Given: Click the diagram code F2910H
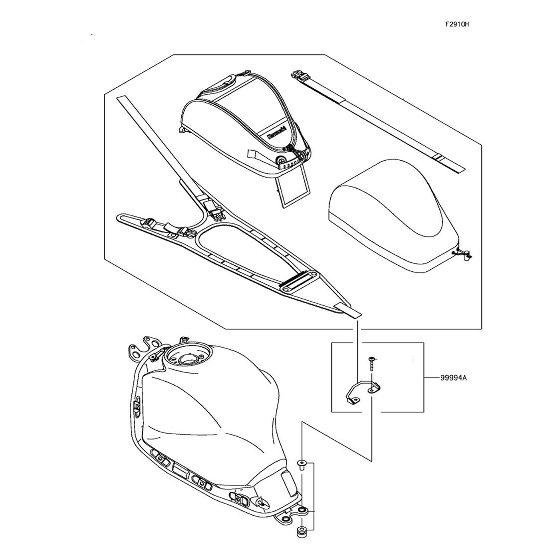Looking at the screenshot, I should [457, 24].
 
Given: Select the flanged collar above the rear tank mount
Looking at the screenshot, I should [302, 464].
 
